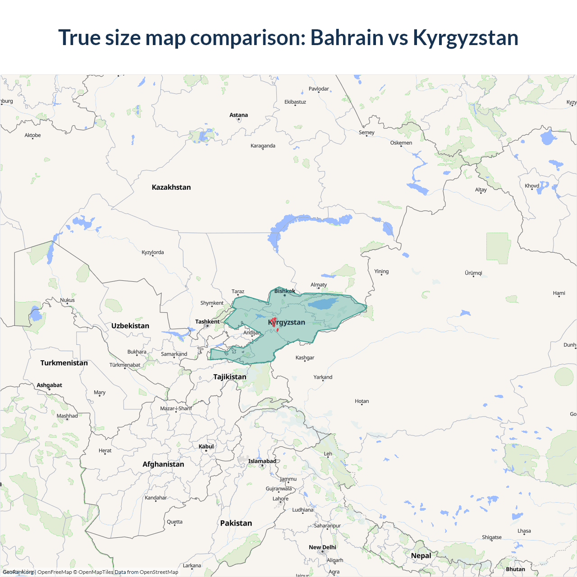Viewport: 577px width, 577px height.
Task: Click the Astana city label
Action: pos(238,115)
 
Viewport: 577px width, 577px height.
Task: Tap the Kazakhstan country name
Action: pos(171,187)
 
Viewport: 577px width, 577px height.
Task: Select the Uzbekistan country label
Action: pos(130,326)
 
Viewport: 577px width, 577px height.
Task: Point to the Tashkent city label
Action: pos(207,321)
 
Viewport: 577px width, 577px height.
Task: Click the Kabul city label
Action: pos(206,446)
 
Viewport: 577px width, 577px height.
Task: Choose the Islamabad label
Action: pos(262,461)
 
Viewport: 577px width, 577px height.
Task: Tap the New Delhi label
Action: pos(322,547)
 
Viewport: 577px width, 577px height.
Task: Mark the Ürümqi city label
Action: pos(473,273)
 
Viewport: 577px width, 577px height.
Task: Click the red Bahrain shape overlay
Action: pos(274,322)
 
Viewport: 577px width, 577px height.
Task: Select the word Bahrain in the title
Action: pos(347,37)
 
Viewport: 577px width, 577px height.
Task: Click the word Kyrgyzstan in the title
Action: pos(465,37)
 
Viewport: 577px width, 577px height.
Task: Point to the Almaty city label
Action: pos(319,284)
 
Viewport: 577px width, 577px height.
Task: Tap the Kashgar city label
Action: pos(305,357)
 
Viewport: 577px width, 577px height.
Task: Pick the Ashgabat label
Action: pos(50,385)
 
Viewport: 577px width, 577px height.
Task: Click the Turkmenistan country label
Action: pos(64,363)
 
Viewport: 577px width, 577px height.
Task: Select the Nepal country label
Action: pos(421,555)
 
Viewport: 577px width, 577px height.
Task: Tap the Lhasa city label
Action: pos(524,531)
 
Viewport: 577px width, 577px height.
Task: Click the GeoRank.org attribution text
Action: pos(18,572)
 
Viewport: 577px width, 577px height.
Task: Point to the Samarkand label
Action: pos(174,354)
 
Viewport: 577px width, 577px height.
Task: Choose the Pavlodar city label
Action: pos(319,89)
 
